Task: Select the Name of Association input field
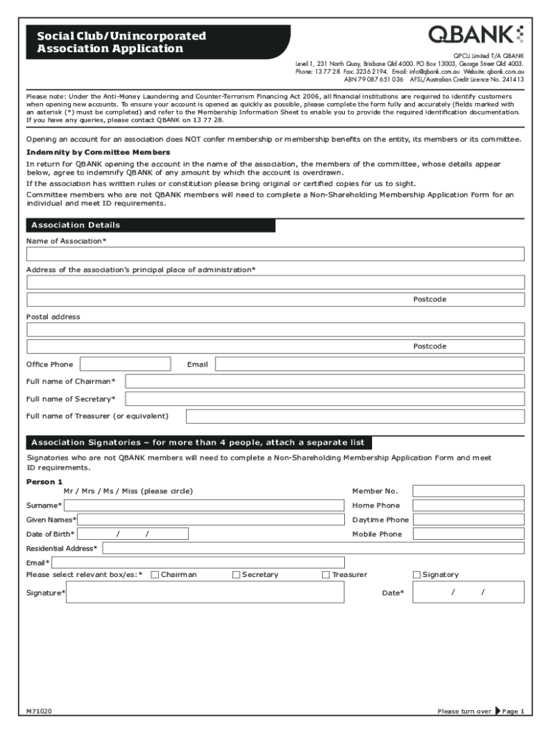(275, 254)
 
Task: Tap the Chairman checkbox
(156, 575)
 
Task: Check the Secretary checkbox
(237, 575)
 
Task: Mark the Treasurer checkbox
(326, 575)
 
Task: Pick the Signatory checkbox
(417, 575)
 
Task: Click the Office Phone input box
(125, 364)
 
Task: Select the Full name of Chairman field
(324, 382)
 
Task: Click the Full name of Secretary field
(324, 399)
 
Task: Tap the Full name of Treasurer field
(355, 416)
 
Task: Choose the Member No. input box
(469, 491)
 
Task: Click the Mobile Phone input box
(469, 534)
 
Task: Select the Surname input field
(204, 505)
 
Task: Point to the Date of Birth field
(134, 534)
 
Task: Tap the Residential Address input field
(313, 548)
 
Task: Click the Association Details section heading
(76, 225)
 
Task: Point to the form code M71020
(39, 712)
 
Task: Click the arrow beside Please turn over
(497, 712)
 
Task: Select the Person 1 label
(45, 482)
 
